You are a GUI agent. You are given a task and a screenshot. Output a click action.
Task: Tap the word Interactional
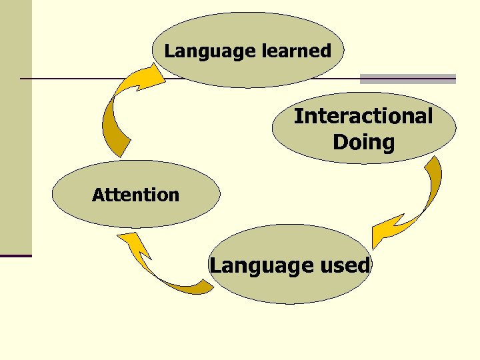pyautogui.click(x=363, y=116)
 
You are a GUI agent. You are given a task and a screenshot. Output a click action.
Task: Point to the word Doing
pyautogui.click(x=363, y=142)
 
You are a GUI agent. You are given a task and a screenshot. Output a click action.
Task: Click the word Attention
pyautogui.click(x=136, y=195)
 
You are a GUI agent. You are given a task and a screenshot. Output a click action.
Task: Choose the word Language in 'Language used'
pyautogui.click(x=257, y=266)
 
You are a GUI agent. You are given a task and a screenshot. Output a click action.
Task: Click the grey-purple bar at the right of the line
pyautogui.click(x=408, y=79)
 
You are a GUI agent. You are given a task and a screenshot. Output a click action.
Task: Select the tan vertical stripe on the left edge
pyautogui.click(x=15, y=127)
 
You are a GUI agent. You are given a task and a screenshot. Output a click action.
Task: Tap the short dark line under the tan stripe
pyautogui.click(x=15, y=256)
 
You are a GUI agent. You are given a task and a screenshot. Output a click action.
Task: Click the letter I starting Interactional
pyautogui.click(x=298, y=116)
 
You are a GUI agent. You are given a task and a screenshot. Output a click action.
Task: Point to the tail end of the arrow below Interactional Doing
pyautogui.click(x=434, y=163)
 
